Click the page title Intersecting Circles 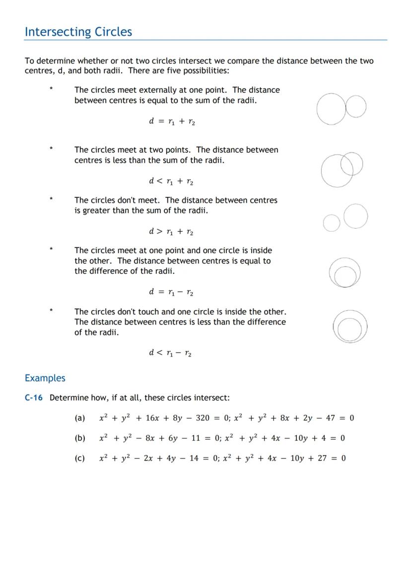(78, 32)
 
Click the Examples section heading (45, 378)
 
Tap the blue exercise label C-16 (34, 398)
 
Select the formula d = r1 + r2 (172, 122)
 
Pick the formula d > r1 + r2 (171, 232)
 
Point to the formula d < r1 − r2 (170, 353)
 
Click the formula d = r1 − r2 (171, 292)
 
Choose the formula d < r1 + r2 (171, 182)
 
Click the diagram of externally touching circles (341, 109)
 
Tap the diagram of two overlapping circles (342, 168)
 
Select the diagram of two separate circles (345, 218)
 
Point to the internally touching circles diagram (344, 273)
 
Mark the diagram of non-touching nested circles (350, 326)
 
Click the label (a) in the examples (80, 418)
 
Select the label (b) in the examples (80, 438)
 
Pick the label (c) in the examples (79, 458)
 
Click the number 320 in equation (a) (203, 418)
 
